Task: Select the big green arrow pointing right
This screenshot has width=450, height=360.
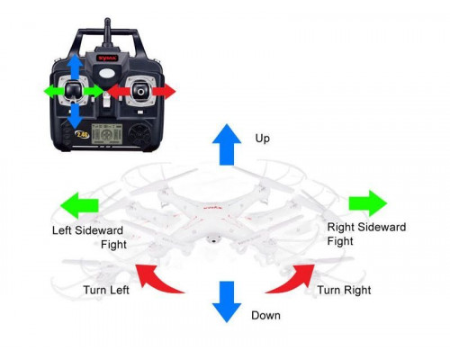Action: [368, 202]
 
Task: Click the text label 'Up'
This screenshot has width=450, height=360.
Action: [263, 139]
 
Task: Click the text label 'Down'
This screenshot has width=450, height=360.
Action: [266, 315]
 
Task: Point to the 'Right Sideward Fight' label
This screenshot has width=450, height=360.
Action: [357, 234]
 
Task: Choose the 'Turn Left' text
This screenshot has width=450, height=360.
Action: [108, 291]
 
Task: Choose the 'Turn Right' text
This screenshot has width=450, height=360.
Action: [344, 291]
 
